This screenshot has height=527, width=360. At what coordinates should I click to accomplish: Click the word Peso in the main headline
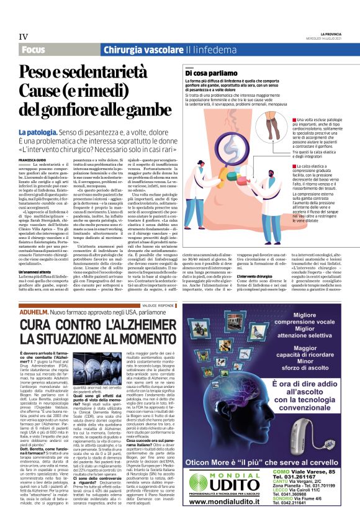click(38, 72)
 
